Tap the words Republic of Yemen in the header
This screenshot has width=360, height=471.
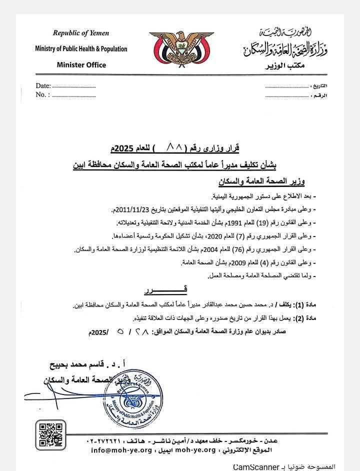click(x=80, y=33)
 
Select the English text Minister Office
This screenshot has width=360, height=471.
click(x=81, y=64)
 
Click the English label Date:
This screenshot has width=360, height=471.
click(x=43, y=86)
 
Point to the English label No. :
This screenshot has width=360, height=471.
click(x=43, y=94)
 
